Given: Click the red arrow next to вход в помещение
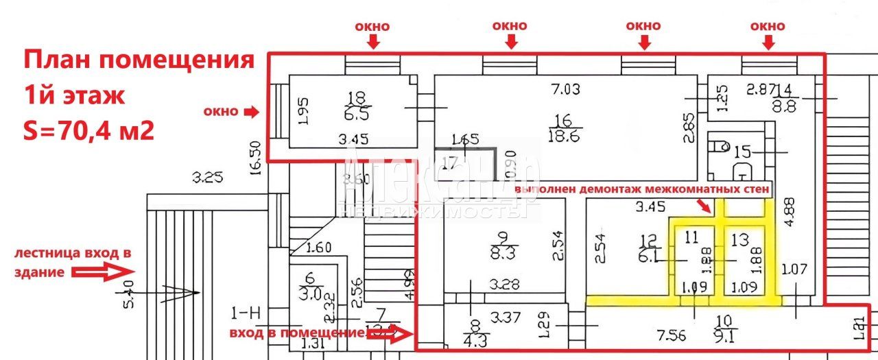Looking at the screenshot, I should click(402, 335).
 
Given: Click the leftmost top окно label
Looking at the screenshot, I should click(372, 27).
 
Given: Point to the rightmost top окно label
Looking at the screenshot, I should click(768, 27).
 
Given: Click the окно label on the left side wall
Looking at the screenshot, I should click(221, 111).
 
